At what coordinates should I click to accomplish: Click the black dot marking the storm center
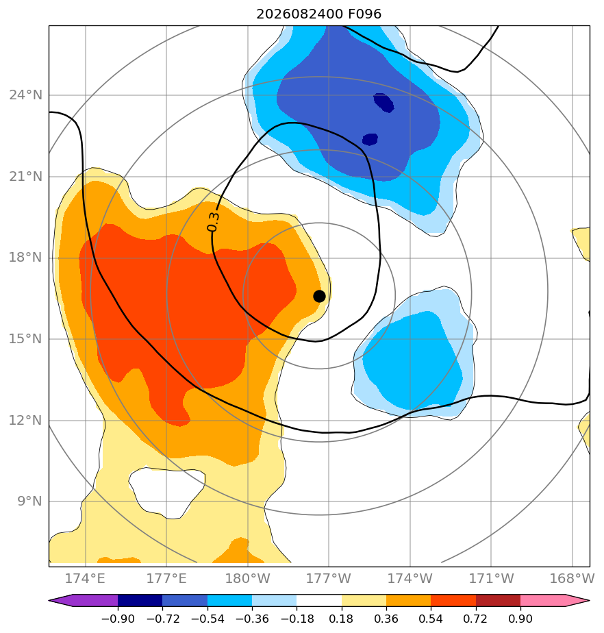click(x=319, y=297)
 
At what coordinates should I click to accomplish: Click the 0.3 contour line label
click(x=213, y=222)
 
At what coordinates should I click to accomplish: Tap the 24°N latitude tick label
click(x=26, y=95)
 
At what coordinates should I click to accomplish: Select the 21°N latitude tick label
click(x=26, y=177)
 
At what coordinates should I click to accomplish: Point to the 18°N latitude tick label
click(x=26, y=258)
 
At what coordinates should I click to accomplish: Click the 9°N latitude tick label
click(x=29, y=501)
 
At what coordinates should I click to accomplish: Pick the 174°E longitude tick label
click(x=85, y=578)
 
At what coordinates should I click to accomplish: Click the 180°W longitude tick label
click(x=247, y=578)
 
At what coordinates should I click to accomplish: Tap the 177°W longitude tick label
click(x=329, y=578)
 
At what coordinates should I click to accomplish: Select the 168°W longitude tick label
click(x=572, y=578)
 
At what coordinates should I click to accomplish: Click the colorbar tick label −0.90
click(x=118, y=619)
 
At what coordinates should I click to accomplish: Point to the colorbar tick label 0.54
click(x=431, y=619)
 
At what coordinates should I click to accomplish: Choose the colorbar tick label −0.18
click(x=297, y=619)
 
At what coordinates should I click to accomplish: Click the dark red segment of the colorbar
click(x=499, y=600)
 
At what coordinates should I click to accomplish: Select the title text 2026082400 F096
click(x=318, y=14)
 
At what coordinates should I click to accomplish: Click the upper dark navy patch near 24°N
click(x=383, y=103)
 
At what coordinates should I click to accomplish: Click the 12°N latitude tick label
click(x=26, y=420)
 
